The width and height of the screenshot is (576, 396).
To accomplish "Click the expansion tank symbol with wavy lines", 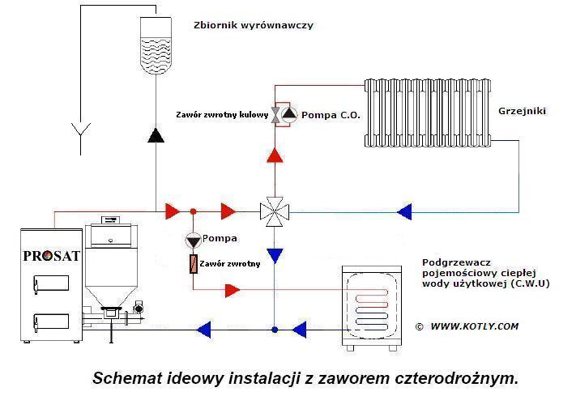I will click(x=156, y=48).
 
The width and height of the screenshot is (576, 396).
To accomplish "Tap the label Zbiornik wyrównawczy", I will click(x=253, y=25).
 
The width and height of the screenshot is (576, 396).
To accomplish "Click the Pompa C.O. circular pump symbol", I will click(x=290, y=116).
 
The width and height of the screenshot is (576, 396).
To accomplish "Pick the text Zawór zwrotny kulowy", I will click(x=221, y=116).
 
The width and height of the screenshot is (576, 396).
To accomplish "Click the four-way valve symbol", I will click(x=275, y=212).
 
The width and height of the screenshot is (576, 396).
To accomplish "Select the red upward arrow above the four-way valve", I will click(x=275, y=155).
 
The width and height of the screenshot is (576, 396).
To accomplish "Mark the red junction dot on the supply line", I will click(x=193, y=212).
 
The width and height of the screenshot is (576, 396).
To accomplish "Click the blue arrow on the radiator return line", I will click(x=404, y=212).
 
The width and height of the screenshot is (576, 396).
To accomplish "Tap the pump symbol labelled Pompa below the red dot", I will click(x=193, y=240).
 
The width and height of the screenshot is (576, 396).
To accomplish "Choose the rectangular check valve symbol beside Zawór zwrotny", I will click(x=193, y=266).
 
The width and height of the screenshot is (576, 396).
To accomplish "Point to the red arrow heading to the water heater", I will click(x=233, y=289).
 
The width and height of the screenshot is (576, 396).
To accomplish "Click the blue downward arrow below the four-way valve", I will click(x=275, y=256).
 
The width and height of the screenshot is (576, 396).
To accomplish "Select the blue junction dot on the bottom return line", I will click(x=275, y=330).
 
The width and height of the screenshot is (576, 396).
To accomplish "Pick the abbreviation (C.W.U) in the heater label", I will click(x=527, y=283).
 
